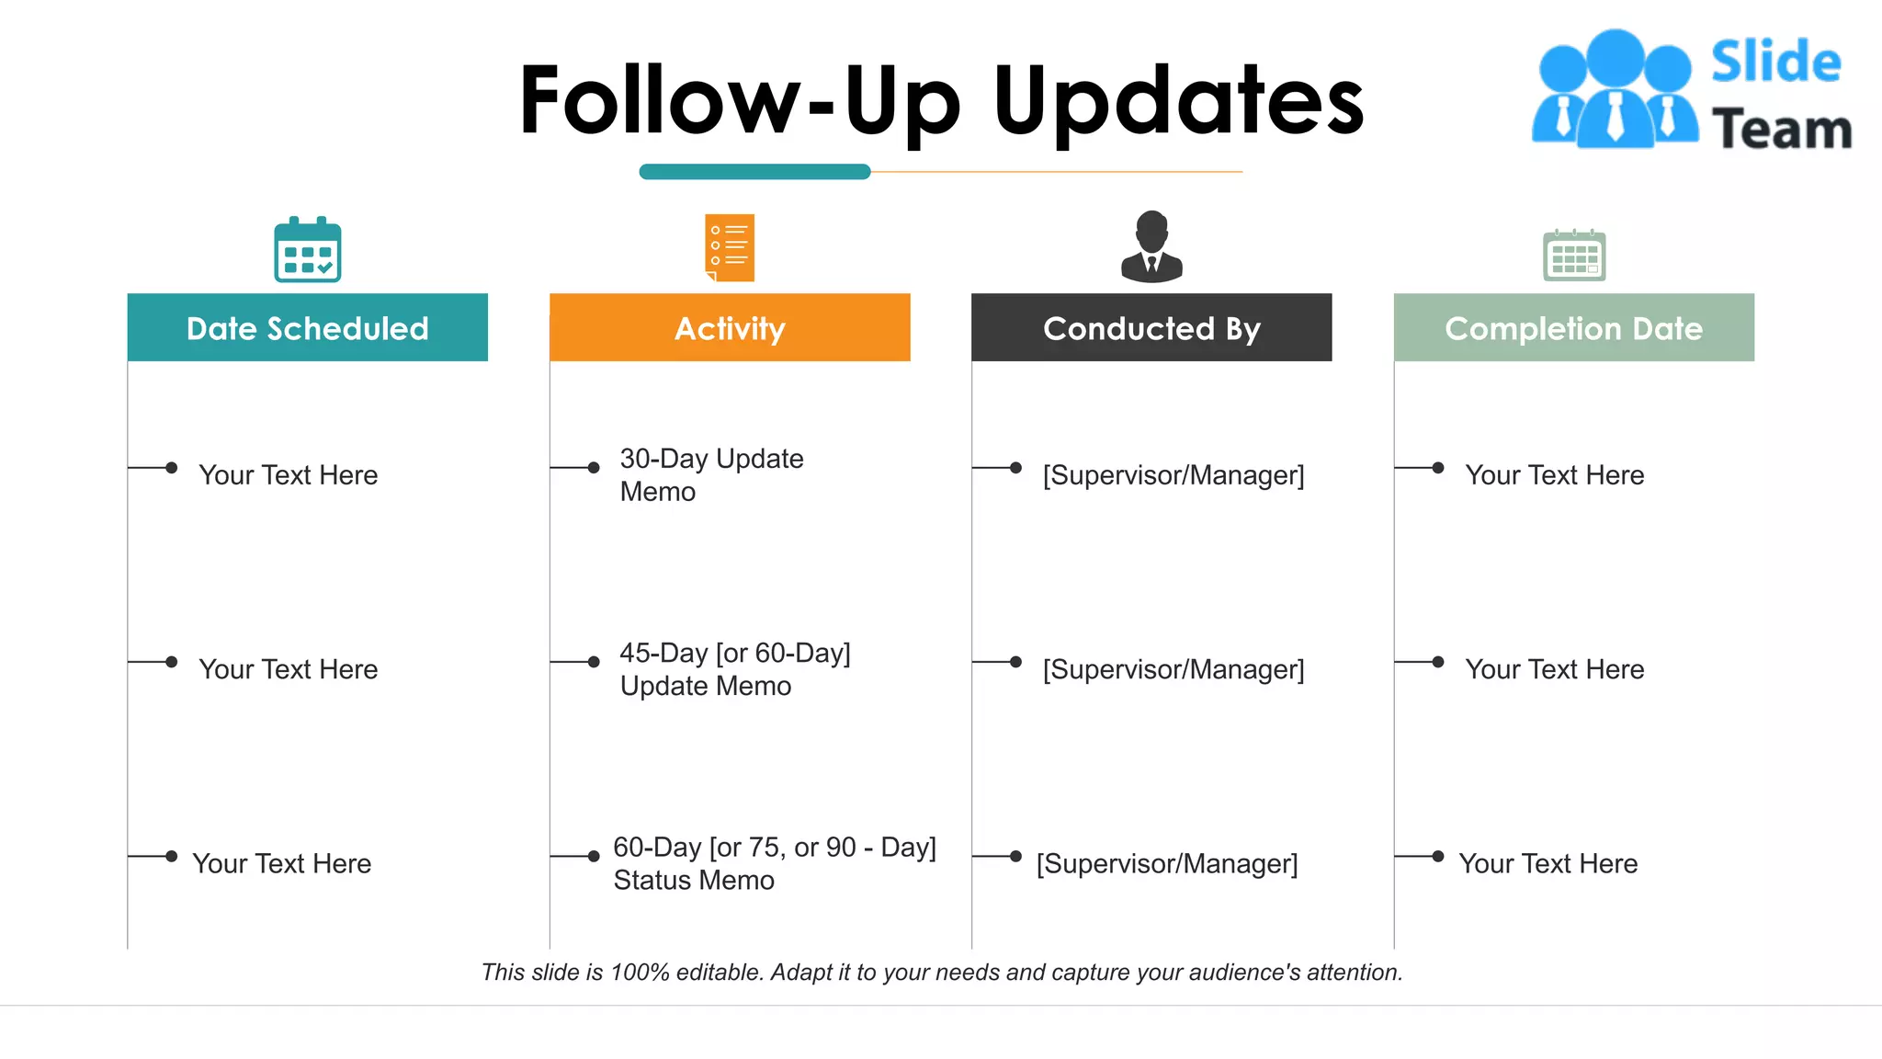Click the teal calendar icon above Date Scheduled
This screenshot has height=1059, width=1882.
(307, 249)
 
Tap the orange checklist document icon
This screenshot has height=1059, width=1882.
(730, 247)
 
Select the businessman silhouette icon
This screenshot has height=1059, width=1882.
(1151, 246)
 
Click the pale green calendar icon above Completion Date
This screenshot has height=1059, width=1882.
(1573, 255)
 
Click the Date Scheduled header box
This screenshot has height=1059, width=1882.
(307, 327)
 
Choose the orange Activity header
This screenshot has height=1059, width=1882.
(730, 327)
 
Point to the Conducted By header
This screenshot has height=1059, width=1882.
(1151, 327)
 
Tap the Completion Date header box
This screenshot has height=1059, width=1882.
(1573, 327)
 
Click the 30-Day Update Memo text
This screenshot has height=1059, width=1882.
(711, 474)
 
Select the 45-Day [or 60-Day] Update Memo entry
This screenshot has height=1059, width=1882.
(734, 668)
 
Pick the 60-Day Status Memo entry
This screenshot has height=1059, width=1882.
(774, 863)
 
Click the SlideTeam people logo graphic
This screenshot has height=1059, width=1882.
(1615, 90)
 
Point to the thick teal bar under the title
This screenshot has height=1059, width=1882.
(754, 172)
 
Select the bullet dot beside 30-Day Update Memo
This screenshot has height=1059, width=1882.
(594, 468)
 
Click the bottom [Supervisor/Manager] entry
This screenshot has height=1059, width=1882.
(1167, 863)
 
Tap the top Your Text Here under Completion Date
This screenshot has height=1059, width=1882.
(1554, 474)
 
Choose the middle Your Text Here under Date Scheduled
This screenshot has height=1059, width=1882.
(288, 668)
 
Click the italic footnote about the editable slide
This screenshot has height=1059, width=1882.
(942, 972)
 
